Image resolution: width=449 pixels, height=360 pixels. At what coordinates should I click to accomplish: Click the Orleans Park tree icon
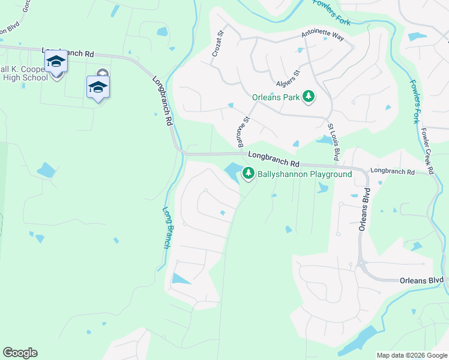tap(309, 96)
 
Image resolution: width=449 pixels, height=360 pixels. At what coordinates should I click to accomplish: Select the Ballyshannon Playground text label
tap(305, 175)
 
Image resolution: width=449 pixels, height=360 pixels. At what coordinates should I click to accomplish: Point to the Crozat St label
tap(218, 44)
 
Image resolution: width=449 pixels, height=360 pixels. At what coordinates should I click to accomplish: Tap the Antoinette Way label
tap(323, 36)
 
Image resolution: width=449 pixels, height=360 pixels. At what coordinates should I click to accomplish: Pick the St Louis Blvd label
tap(333, 142)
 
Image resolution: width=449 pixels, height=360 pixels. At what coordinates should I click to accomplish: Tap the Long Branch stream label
tap(167, 227)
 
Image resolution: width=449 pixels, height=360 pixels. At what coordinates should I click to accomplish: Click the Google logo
tap(20, 353)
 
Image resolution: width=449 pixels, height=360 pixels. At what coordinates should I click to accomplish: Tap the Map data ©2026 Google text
tap(411, 355)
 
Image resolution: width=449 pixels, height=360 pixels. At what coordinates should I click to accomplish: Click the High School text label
tap(25, 77)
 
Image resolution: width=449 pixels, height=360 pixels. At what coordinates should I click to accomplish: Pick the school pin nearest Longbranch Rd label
tap(56, 62)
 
